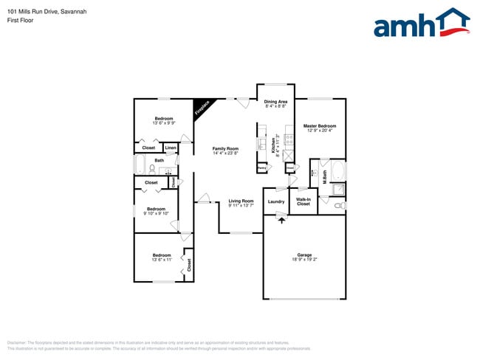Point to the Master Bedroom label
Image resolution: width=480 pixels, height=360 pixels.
[x=320, y=125]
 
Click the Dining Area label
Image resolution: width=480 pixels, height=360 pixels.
[x=275, y=101]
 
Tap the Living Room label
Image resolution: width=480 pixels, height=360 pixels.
[x=241, y=201]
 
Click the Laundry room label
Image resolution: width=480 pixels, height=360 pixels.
[x=276, y=201]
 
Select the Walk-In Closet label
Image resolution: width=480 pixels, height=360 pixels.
[x=303, y=201]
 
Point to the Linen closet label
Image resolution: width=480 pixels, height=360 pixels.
[x=171, y=148]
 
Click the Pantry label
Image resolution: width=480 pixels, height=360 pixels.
[x=261, y=168]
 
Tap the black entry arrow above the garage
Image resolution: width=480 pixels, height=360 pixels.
[x=281, y=218]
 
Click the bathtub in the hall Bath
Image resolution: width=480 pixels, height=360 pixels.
[x=140, y=165]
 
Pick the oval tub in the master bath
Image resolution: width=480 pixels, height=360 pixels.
[x=337, y=172]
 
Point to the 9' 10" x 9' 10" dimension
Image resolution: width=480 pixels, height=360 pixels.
[x=156, y=213]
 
